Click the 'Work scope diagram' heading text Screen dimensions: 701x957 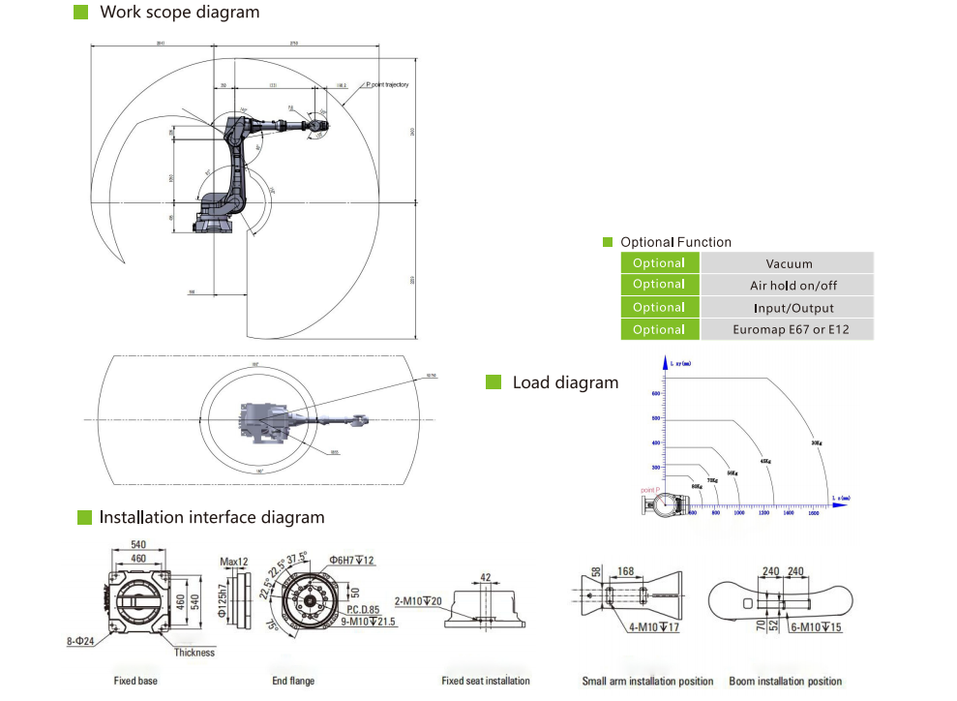pyautogui.click(x=180, y=13)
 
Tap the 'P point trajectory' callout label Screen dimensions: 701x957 pyautogui.click(x=387, y=85)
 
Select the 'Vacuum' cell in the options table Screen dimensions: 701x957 pyautogui.click(x=789, y=263)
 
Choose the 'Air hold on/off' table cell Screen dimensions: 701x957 pyautogui.click(x=789, y=286)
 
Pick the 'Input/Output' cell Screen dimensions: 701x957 pyautogui.click(x=789, y=308)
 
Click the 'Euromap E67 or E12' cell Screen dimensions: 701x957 pyautogui.click(x=789, y=330)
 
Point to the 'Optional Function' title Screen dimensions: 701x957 pyautogui.click(x=675, y=242)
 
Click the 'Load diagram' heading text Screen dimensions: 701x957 pyautogui.click(x=565, y=382)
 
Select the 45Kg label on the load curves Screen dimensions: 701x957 pyautogui.click(x=765, y=460)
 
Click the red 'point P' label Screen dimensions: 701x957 pyautogui.click(x=650, y=491)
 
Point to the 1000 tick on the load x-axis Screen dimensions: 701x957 pyautogui.click(x=739, y=513)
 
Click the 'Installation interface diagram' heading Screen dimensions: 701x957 pyautogui.click(x=212, y=517)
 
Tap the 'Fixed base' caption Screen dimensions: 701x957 pyautogui.click(x=135, y=681)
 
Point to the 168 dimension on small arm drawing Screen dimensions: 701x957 pyautogui.click(x=626, y=572)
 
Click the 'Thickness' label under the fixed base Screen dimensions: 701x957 pyautogui.click(x=194, y=653)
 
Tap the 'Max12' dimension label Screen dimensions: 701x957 pyautogui.click(x=235, y=562)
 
